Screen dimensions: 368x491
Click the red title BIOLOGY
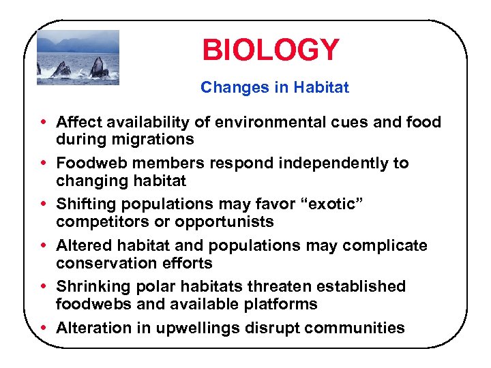270,50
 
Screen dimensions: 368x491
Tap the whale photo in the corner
78,57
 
